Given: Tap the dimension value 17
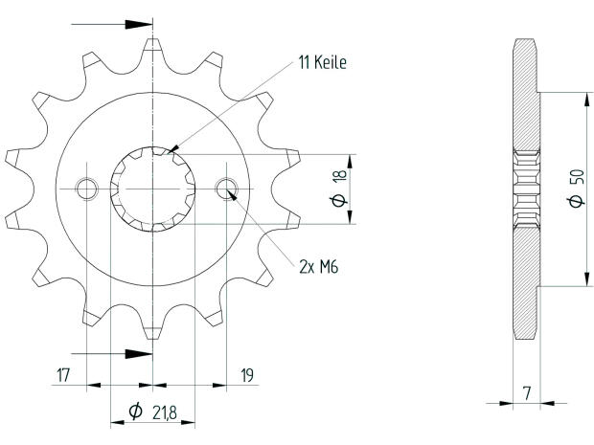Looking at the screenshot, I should (64, 376).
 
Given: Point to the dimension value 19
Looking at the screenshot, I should (246, 376).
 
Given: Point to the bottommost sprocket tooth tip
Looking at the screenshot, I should (153, 337).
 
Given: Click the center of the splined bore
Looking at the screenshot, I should (153, 189).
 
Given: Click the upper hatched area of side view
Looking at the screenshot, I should (526, 96).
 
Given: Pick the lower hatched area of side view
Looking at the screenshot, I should (526, 282).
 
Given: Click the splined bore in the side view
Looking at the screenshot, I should (526, 189).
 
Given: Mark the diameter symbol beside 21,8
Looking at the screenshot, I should (136, 412).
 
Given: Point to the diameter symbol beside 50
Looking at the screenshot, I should (574, 202).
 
